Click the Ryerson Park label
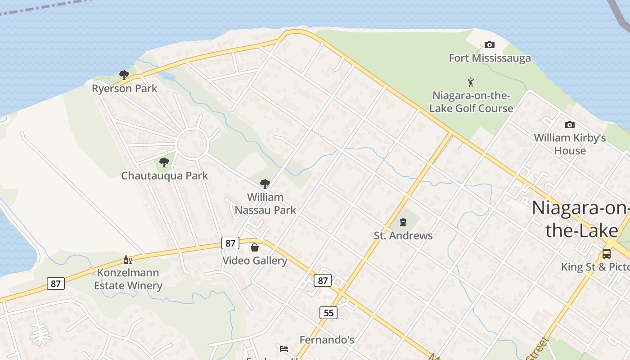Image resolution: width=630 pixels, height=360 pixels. (x=124, y=88)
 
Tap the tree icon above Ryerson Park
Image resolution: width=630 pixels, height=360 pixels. (x=124, y=75)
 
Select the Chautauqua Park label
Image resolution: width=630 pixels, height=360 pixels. (x=164, y=175)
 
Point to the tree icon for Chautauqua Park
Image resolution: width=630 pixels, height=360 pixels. (x=164, y=162)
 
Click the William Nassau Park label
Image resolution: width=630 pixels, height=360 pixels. (x=265, y=203)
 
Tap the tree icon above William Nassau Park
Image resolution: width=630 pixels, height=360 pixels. (x=265, y=184)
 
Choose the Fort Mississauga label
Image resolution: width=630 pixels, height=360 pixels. (x=490, y=58)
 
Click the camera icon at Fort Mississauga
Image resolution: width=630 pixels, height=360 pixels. (x=490, y=45)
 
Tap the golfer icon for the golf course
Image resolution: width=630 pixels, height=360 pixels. (x=471, y=82)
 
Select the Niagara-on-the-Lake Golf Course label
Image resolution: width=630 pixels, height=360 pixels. (x=471, y=102)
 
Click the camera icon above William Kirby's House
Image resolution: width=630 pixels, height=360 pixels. (x=569, y=125)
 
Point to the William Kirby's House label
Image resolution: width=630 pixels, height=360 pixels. (x=570, y=144)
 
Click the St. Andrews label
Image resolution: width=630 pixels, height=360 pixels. (x=403, y=235)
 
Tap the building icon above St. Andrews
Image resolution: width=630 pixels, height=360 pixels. (x=403, y=222)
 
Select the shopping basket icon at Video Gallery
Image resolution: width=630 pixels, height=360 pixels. (x=255, y=247)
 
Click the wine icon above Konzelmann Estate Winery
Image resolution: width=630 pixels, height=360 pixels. (x=128, y=260)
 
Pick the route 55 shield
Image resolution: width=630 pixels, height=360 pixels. (x=328, y=312)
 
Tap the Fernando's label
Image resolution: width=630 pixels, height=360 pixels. (x=327, y=340)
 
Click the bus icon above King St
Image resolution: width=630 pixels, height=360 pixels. (x=607, y=253)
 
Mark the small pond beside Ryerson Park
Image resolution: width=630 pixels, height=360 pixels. (x=167, y=76)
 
